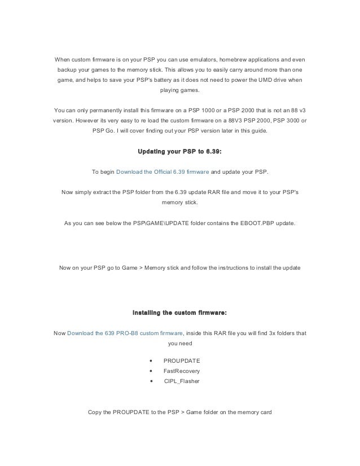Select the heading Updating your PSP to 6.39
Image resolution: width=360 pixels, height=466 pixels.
pyautogui.click(x=180, y=151)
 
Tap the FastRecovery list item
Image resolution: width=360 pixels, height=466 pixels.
pyautogui.click(x=181, y=371)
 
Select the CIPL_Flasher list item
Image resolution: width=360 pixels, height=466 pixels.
pyautogui.click(x=181, y=381)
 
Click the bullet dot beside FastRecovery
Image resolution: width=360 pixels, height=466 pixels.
pyautogui.click(x=151, y=371)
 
